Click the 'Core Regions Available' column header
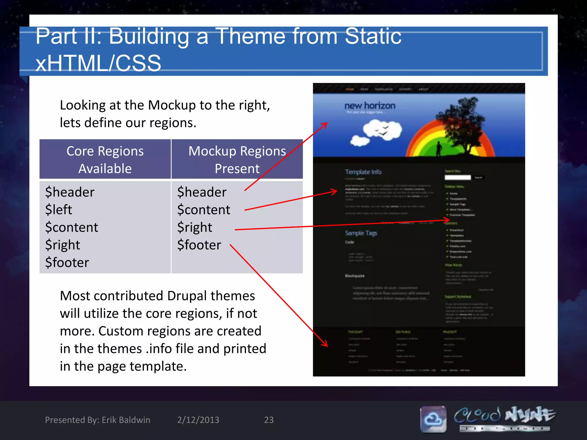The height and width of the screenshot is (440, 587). pyautogui.click(x=105, y=159)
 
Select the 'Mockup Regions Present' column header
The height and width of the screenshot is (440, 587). pyautogui.click(x=237, y=159)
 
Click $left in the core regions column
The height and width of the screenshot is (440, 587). pyautogui.click(x=58, y=209)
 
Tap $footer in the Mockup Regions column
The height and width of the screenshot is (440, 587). pyautogui.click(x=199, y=245)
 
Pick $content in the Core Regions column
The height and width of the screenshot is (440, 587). pyautogui.click(x=72, y=227)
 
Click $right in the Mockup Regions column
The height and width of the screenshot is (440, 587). pyautogui.click(x=195, y=227)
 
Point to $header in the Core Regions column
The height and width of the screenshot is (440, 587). pyautogui.click(x=70, y=192)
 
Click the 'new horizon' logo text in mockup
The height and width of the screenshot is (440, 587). pyautogui.click(x=370, y=106)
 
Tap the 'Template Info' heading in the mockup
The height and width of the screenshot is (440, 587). pyautogui.click(x=363, y=172)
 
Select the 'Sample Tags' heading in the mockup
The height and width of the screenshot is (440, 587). pyautogui.click(x=361, y=233)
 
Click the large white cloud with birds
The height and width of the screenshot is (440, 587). pyautogui.click(x=382, y=130)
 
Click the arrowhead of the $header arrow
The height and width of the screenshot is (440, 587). pyautogui.click(x=326, y=124)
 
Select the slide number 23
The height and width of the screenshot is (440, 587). pyautogui.click(x=269, y=420)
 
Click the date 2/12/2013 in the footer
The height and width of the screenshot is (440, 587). pyautogui.click(x=198, y=420)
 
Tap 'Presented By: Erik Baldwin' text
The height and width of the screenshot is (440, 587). pyautogui.click(x=97, y=420)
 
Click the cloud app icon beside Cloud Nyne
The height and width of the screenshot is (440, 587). pyautogui.click(x=433, y=419)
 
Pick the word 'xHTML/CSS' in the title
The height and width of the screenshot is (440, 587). pyautogui.click(x=98, y=63)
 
